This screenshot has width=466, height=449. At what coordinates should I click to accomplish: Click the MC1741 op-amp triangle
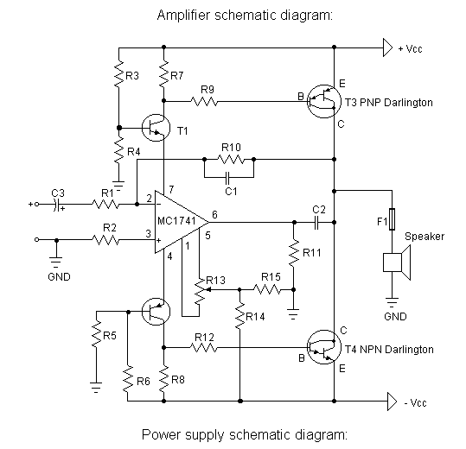pos(178,222)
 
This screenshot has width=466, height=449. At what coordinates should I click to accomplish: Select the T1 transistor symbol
pos(156,128)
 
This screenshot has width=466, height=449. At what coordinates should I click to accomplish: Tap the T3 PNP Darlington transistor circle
pos(323,102)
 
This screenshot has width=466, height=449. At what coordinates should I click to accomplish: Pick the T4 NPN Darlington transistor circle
pos(323,347)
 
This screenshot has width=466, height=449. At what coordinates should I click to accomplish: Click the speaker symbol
pos(397,262)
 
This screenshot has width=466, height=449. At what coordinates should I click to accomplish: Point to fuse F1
pos(392,219)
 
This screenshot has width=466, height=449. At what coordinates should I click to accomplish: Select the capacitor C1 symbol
pos(228,177)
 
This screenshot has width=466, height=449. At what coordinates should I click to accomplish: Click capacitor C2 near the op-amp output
pos(316,222)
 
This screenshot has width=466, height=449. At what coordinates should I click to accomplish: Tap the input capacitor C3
pos(56,204)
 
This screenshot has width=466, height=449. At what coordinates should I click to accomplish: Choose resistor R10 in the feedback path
pos(231,160)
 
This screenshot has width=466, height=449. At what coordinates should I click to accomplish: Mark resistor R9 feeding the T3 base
pos(204,102)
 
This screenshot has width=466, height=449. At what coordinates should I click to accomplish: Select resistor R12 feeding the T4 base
pos(204,347)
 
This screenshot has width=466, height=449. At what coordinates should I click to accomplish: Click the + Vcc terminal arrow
pos(387,47)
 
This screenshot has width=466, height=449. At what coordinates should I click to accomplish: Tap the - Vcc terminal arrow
pos(392,402)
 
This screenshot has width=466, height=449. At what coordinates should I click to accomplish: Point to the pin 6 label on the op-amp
pos(214,214)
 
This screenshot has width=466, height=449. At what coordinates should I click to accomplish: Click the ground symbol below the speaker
pos(392,302)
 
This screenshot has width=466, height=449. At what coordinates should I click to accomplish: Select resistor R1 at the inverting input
pos(105,204)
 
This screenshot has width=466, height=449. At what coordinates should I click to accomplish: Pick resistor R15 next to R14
pos(267,289)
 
